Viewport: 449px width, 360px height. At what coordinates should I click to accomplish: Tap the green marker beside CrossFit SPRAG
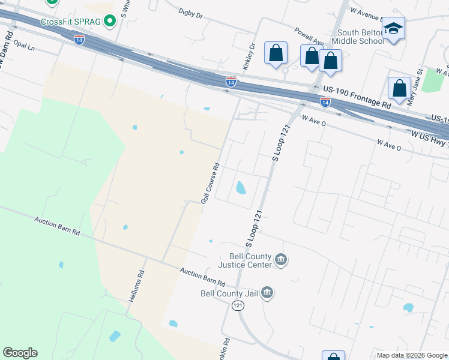109,22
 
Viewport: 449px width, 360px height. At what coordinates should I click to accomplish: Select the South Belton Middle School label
360,37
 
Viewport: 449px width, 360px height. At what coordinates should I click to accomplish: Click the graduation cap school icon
394,29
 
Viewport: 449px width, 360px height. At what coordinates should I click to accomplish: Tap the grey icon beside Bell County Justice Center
281,260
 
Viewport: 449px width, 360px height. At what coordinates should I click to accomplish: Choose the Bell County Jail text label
230,293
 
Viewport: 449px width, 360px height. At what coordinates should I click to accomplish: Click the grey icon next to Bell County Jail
268,293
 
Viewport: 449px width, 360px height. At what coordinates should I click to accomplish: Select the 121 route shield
238,306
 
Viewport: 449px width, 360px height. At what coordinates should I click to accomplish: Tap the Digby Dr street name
192,12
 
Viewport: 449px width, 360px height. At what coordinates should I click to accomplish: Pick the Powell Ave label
309,36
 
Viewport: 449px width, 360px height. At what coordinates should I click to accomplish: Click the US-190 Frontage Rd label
356,96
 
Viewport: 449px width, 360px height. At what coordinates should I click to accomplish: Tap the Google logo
20,353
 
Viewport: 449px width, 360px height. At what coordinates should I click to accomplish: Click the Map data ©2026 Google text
412,355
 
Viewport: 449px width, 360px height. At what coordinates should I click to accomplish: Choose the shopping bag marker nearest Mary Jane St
399,88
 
